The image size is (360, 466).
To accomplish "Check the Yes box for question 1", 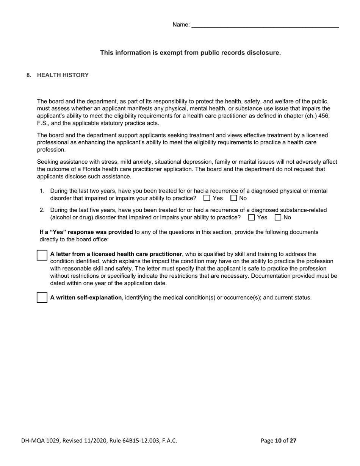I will tap(207, 198).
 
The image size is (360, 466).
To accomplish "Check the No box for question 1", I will tap(234, 198).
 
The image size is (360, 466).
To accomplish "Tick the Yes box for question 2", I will tap(251, 217).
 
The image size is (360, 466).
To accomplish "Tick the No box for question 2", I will tap(278, 217).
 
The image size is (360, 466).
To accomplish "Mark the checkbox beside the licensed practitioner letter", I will tap(42, 255).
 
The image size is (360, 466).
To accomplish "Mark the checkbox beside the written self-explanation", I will tap(42, 298).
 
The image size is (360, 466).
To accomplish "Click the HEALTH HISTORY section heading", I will tap(63, 75).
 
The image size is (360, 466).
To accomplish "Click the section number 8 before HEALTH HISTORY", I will tap(28, 75).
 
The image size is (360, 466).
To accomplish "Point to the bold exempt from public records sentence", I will tap(190, 53).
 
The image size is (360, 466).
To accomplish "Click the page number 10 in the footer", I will tap(278, 441).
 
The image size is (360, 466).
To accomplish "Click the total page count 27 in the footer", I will tap(293, 441).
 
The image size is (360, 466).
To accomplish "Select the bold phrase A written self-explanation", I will tap(86, 298).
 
